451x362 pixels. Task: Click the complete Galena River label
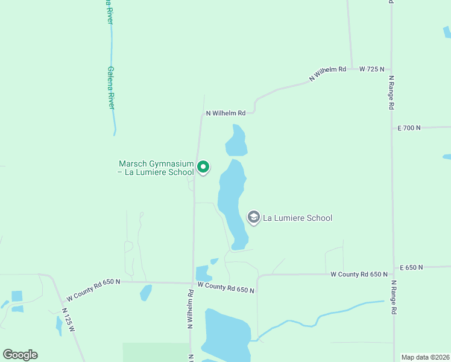point(111,87)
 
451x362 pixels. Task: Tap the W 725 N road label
point(371,69)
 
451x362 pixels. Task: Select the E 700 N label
point(409,128)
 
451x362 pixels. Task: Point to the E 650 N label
point(412,267)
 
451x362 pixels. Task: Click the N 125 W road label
point(69,319)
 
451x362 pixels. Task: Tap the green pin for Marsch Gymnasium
point(204,167)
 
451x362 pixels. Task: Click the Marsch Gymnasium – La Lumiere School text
point(156,168)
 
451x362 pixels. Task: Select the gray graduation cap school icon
point(254,218)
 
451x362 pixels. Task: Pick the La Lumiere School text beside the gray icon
point(297,218)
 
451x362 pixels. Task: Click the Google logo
point(20,355)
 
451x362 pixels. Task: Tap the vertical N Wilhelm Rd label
point(190,308)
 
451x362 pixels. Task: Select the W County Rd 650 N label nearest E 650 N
point(359,275)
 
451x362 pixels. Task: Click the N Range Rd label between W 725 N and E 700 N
point(391,92)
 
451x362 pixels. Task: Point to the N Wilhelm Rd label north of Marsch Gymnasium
point(225,113)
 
